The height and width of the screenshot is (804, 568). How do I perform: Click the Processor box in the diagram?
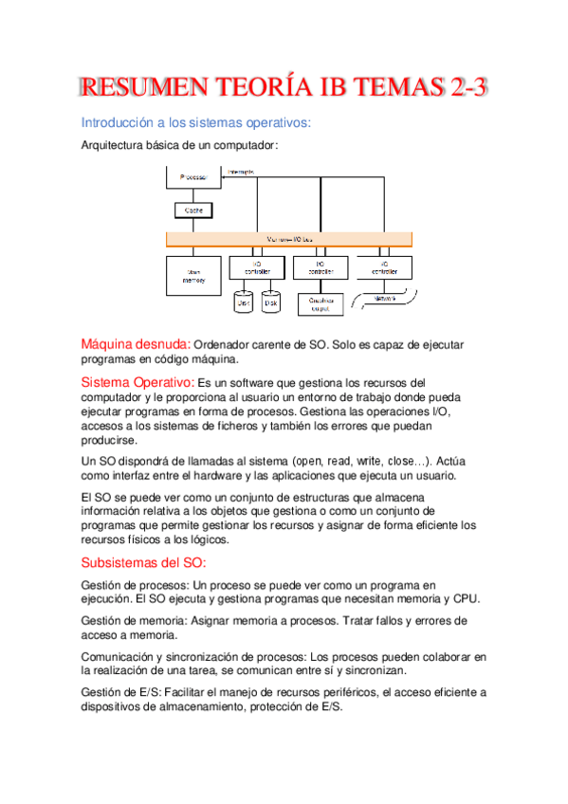[193, 177]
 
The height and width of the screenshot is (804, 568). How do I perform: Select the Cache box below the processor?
[193, 210]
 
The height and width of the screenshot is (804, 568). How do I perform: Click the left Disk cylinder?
[243, 302]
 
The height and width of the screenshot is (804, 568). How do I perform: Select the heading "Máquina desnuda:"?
[136, 344]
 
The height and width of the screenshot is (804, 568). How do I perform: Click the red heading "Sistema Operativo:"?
[137, 381]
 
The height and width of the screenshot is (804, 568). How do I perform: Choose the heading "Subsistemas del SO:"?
[137, 562]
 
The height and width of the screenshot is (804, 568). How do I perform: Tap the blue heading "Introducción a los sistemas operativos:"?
[196, 123]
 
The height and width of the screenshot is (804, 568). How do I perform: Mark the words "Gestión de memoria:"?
[134, 620]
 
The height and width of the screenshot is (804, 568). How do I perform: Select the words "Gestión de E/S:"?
[120, 693]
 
